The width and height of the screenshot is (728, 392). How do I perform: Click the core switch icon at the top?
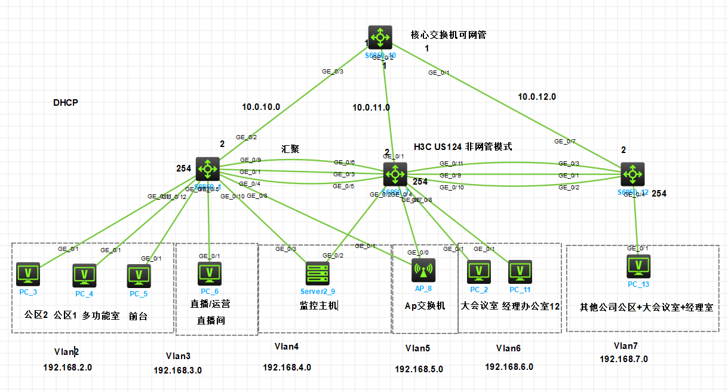click(379, 37)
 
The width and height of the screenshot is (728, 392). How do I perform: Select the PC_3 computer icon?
click(27, 274)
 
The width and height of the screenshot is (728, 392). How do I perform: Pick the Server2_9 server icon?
click(318, 274)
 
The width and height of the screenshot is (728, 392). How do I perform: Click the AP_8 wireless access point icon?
click(423, 270)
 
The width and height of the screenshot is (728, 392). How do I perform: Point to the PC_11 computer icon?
click(520, 271)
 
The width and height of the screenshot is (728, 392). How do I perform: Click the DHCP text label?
click(66, 103)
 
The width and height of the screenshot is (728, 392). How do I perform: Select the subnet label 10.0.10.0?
click(261, 108)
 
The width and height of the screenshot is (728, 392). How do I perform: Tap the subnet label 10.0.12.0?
click(536, 96)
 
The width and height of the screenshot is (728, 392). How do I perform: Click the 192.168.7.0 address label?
click(623, 359)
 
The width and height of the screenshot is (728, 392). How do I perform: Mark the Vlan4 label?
click(287, 346)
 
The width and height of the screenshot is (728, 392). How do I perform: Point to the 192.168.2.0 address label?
click(67, 367)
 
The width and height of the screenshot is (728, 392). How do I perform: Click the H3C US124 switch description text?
click(463, 146)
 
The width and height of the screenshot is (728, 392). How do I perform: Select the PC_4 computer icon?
click(84, 275)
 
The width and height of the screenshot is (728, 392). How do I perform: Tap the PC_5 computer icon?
click(139, 276)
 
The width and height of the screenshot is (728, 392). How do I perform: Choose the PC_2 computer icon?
click(478, 271)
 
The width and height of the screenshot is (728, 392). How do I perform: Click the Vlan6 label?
click(508, 348)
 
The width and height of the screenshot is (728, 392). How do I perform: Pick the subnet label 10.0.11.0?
click(371, 108)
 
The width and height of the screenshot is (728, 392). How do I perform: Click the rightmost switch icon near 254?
click(632, 174)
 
